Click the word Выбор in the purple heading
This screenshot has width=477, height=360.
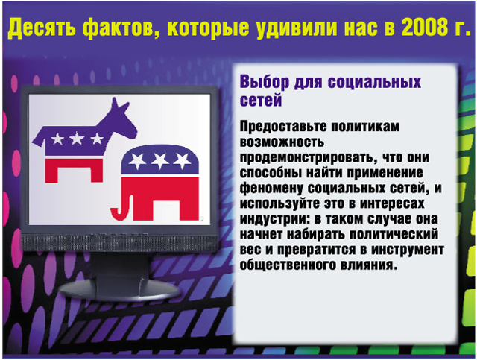[x=265, y=82]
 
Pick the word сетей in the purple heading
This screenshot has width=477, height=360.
[x=261, y=100]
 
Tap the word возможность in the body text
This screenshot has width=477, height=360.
[x=282, y=142]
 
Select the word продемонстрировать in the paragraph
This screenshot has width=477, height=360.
[x=308, y=157]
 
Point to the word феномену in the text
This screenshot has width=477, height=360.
[x=271, y=189]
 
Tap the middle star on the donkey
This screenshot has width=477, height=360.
[x=76, y=139]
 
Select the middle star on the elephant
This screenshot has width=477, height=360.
[x=160, y=160]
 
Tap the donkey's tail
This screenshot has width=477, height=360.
[x=38, y=139]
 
